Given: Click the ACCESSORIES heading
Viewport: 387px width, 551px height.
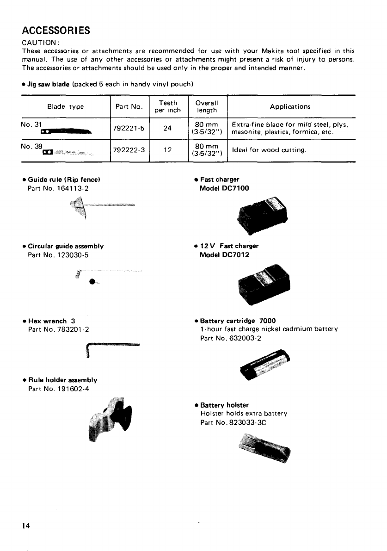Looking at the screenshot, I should pyautogui.click(x=55, y=31).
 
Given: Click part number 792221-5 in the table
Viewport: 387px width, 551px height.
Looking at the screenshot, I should pyautogui.click(x=129, y=129).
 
